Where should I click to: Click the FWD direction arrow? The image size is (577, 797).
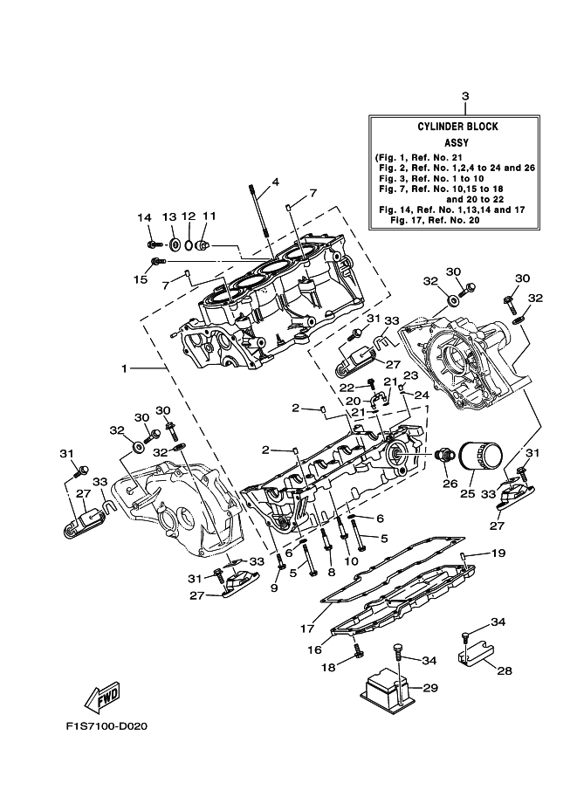[x=102, y=697]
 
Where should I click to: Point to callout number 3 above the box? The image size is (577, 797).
[x=464, y=96]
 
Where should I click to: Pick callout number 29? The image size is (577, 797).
[x=429, y=689]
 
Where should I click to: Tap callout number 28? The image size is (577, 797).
[x=505, y=670]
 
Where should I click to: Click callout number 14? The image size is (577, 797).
[x=144, y=216]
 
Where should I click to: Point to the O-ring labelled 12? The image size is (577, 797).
[x=188, y=244]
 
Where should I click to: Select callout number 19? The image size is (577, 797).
[x=498, y=553]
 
